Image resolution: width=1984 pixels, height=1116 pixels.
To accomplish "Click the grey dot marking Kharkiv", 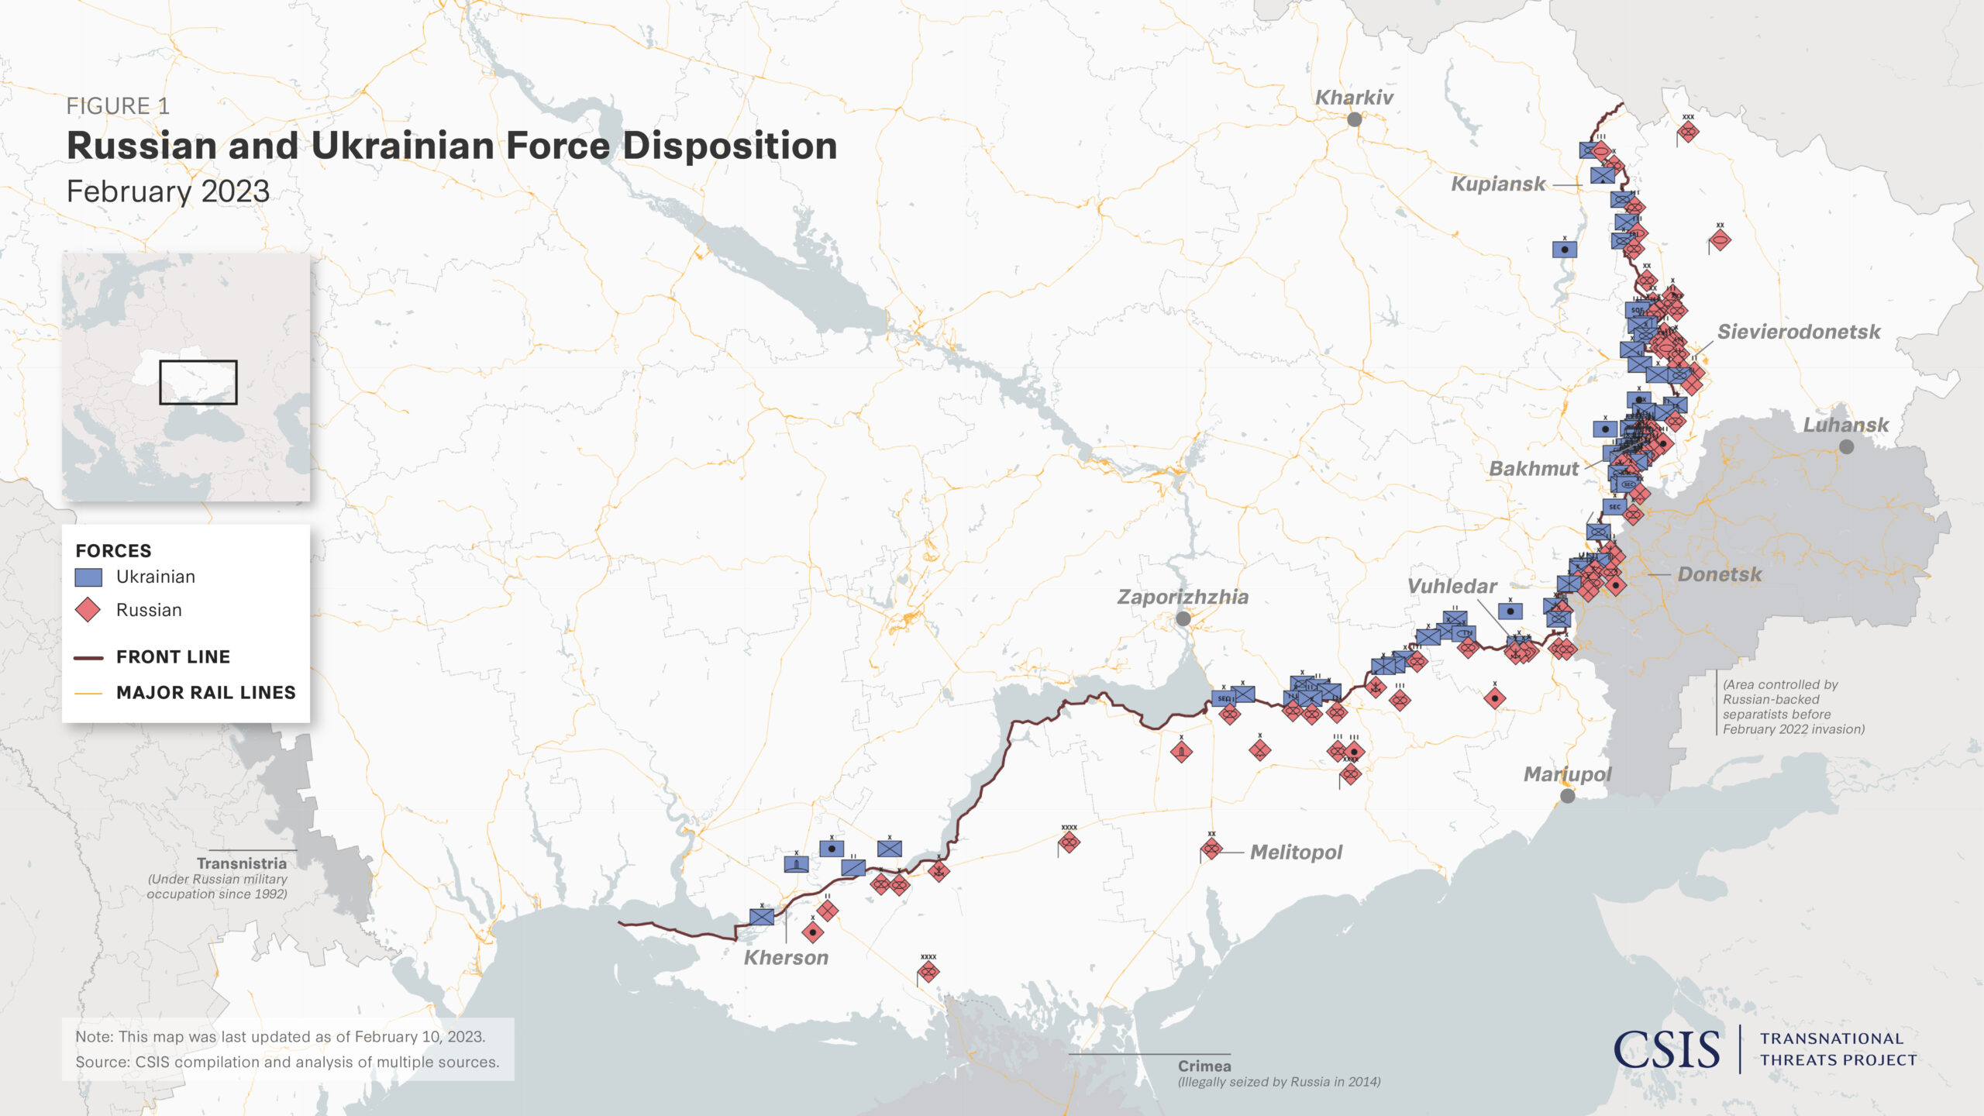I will point(1354,119).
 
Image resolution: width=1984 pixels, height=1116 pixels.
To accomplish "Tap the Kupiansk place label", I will point(1497,184).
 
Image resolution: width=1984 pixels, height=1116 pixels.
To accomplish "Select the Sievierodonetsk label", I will point(1798,332).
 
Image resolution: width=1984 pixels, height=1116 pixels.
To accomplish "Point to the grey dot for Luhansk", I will point(1846,447).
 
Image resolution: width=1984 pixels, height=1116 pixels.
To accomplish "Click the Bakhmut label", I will point(1533,469).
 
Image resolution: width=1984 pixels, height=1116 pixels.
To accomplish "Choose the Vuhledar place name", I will point(1452,587).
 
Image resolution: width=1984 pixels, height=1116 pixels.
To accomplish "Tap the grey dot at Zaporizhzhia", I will point(1183,619).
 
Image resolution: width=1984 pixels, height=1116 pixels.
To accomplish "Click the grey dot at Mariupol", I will point(1567,796).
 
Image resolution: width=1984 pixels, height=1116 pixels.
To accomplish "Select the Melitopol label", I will point(1296,852).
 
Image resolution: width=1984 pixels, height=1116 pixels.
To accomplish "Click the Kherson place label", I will point(786,958).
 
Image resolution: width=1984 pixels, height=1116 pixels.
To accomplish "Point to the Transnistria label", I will point(241,863).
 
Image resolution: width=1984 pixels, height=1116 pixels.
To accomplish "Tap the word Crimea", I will point(1204,1066).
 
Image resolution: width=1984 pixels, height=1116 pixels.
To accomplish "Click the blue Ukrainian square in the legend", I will point(88,577).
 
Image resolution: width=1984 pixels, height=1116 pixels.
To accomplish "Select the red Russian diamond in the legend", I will point(88,610).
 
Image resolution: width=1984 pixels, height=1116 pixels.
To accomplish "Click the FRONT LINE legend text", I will point(173,657).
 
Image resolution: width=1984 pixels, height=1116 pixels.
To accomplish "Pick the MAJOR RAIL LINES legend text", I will point(205,693).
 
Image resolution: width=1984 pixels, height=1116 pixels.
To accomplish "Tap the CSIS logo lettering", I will point(1666,1050).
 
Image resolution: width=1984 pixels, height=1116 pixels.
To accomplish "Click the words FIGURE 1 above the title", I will point(118,106).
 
